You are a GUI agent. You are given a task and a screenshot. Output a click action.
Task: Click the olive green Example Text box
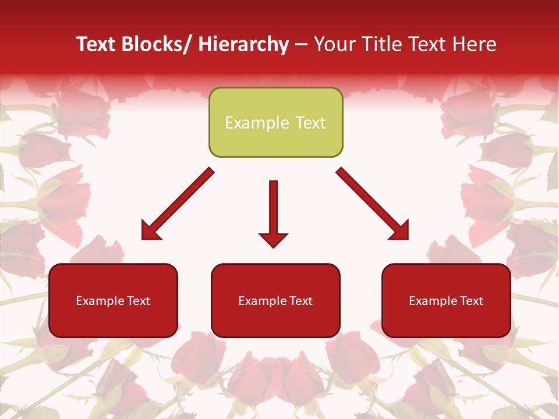[275, 122]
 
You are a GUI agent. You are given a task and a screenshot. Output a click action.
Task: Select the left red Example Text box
[113, 300]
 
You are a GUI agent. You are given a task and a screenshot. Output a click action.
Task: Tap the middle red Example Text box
[275, 300]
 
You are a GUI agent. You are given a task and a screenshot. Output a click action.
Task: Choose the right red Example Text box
[446, 300]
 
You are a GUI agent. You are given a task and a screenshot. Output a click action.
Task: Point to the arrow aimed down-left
[178, 204]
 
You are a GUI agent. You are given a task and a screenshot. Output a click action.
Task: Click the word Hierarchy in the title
[243, 44]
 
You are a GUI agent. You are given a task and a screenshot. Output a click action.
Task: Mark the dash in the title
[301, 44]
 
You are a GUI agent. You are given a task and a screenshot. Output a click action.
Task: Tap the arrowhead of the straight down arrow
[273, 239]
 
